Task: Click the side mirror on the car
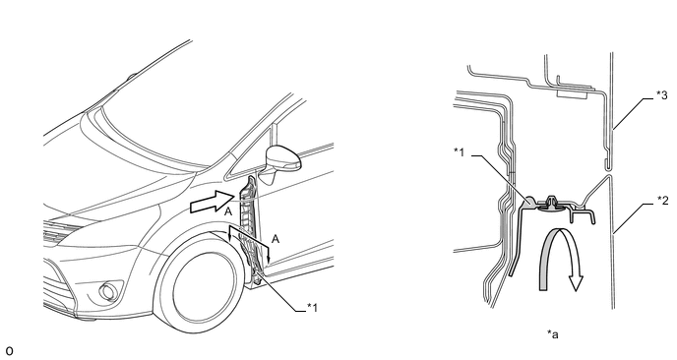282,158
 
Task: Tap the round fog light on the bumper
106,291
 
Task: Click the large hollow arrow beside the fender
213,202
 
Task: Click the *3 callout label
662,95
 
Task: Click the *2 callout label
662,201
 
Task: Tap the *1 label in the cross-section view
459,151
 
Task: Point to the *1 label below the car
312,307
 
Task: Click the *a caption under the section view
553,333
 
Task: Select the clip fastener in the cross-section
550,205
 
